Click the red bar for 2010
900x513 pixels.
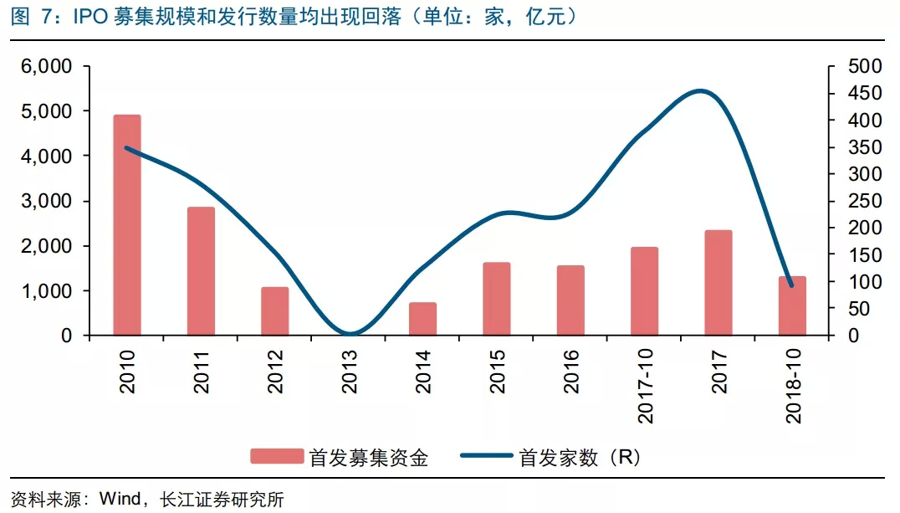(x=127, y=226)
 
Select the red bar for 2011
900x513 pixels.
(x=201, y=271)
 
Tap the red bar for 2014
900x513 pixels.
(x=423, y=319)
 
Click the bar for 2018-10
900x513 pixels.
(x=792, y=306)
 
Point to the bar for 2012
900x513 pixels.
(x=275, y=311)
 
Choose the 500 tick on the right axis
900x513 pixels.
(x=866, y=66)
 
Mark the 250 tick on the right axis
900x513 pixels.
(x=866, y=202)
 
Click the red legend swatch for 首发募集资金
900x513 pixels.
(x=276, y=456)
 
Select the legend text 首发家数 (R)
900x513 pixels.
(x=579, y=457)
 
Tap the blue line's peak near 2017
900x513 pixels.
(x=701, y=91)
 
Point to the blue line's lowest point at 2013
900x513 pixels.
(x=350, y=335)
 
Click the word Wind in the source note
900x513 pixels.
(x=122, y=500)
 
